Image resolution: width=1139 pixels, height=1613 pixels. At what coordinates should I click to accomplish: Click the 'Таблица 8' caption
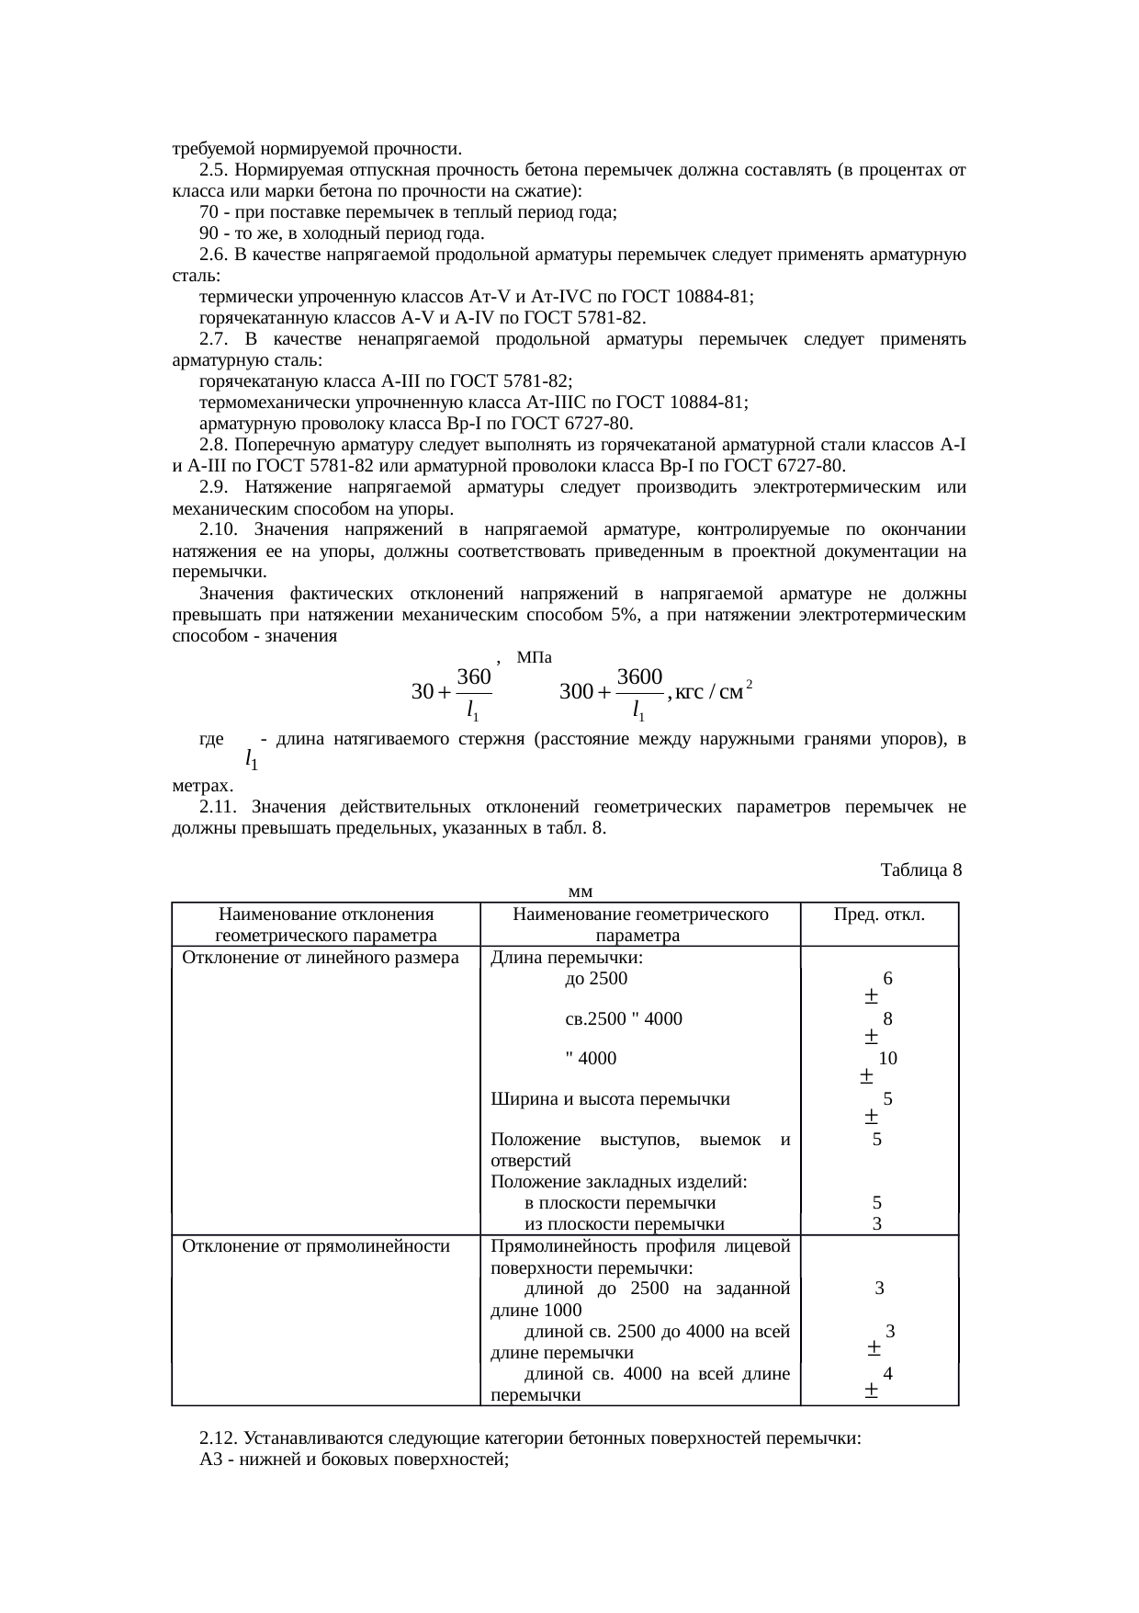pos(920,869)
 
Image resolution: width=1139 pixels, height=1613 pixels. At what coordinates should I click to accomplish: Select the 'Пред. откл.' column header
pos(878,914)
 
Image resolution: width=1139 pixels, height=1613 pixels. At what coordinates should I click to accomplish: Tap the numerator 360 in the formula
pos(473,676)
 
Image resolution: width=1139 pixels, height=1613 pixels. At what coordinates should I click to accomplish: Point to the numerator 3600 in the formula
pos(640,676)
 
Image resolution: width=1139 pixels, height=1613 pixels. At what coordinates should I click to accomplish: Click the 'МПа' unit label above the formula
pos(534,657)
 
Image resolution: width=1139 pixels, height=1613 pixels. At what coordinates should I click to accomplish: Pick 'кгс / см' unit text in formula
pos(708,691)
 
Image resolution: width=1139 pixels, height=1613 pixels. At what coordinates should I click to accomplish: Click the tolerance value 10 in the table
pos(887,1058)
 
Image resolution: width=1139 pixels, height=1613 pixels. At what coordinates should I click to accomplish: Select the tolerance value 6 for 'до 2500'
pos(887,980)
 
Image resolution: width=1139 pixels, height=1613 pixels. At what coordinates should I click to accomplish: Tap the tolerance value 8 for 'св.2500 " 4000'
pos(887,1018)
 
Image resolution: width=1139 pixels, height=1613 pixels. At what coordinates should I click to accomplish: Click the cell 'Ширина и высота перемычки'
pos(610,1099)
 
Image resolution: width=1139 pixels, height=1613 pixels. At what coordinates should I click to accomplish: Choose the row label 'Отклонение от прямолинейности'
pos(316,1246)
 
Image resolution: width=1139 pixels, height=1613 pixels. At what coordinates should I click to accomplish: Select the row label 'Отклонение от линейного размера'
pos(321,958)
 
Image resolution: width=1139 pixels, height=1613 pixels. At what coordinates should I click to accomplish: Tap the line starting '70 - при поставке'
pos(408,212)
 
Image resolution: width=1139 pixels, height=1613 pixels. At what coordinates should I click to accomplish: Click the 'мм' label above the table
pos(580,891)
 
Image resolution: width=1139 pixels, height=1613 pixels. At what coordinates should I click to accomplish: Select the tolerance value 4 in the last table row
pos(887,1373)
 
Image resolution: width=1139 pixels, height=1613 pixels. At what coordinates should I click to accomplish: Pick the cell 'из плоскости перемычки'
pos(624,1223)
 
